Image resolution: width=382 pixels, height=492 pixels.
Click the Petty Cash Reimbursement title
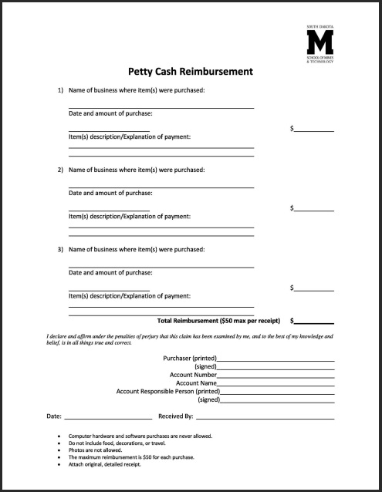(x=191, y=72)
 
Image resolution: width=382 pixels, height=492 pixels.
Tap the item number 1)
(x=60, y=90)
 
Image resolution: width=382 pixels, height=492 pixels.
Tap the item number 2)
(x=60, y=170)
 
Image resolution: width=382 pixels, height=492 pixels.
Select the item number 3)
(x=60, y=250)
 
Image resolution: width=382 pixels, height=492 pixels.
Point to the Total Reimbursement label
(x=218, y=319)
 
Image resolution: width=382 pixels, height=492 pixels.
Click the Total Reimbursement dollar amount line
(x=314, y=322)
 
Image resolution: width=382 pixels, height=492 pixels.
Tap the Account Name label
(x=196, y=382)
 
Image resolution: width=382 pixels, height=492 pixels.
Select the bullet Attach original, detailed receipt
(x=117, y=464)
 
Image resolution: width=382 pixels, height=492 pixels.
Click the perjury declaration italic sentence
(x=190, y=340)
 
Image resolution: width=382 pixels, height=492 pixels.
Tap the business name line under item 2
(x=161, y=187)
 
